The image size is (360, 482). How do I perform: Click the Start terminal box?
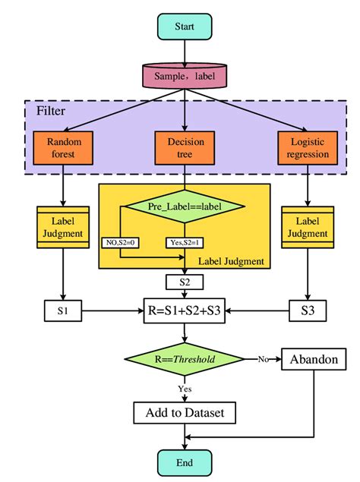point(185,27)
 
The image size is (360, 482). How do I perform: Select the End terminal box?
point(185,462)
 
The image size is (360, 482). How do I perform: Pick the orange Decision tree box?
point(185,148)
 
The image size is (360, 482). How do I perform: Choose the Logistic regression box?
point(308,148)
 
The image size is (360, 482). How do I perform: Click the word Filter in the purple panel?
point(51,112)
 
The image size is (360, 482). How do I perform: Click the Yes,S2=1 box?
point(184,243)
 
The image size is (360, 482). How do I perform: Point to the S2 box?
point(185,282)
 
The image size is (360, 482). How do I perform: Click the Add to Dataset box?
point(185,413)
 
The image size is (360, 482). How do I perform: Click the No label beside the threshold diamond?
point(262,358)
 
